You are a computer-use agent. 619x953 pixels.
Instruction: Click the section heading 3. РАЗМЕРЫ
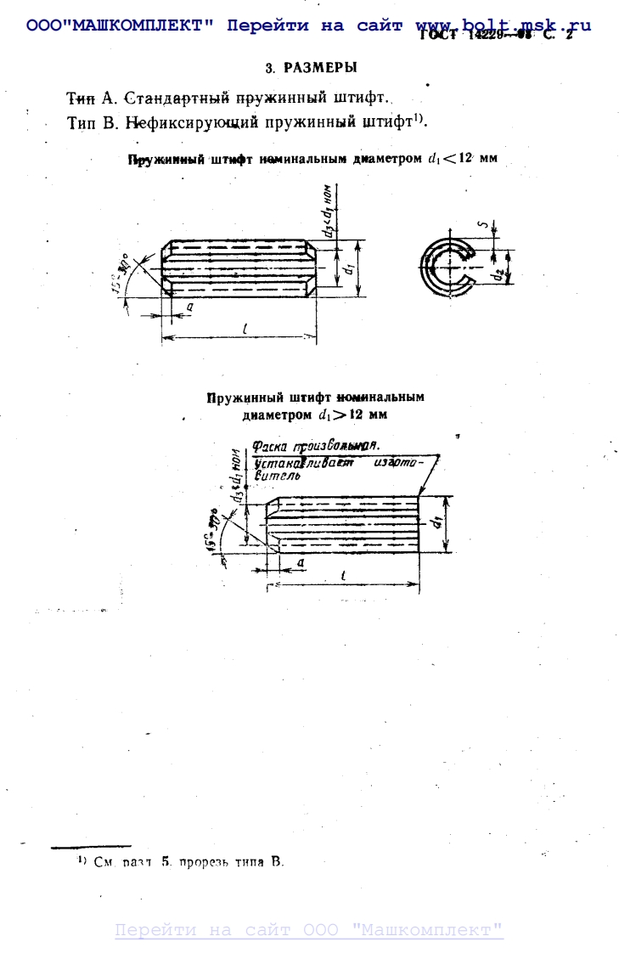coord(311,67)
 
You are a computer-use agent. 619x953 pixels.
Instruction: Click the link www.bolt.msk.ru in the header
coord(503,25)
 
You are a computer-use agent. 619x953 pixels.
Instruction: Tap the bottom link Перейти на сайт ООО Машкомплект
coord(309,930)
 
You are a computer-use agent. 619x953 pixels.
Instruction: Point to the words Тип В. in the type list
coord(93,122)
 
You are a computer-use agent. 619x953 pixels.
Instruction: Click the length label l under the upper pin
coord(243,330)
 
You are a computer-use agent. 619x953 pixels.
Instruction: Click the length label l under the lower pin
coord(341,575)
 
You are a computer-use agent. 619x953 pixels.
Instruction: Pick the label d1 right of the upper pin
coord(347,270)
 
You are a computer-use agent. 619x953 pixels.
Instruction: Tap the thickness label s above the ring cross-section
coord(481,226)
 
